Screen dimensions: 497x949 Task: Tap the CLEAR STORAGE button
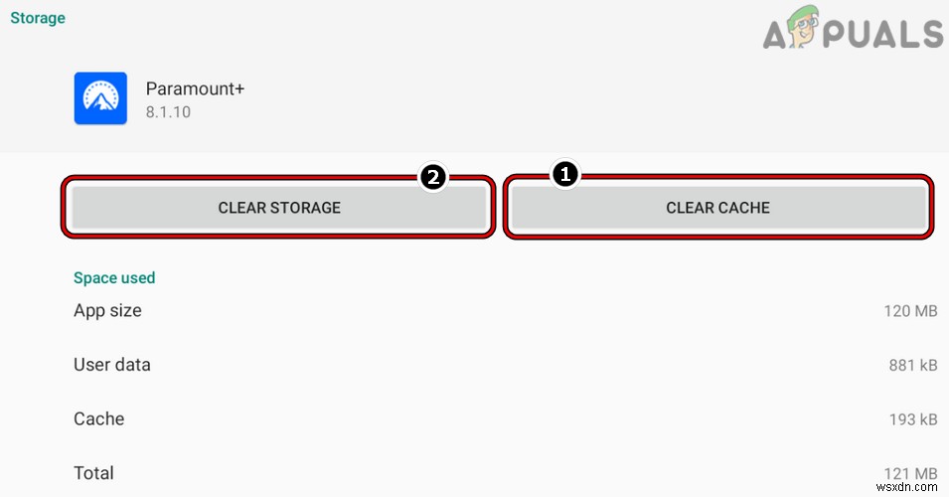click(279, 208)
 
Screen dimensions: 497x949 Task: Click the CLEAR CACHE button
click(717, 208)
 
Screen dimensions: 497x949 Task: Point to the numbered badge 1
click(564, 175)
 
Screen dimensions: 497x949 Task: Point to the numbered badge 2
click(432, 178)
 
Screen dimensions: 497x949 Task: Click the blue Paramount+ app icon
click(100, 98)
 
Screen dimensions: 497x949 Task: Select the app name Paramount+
click(195, 88)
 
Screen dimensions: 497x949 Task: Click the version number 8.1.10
click(168, 112)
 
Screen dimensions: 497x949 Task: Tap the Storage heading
click(38, 17)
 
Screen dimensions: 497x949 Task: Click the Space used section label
click(114, 278)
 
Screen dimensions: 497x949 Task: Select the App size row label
click(107, 311)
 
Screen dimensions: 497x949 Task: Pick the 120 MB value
click(910, 312)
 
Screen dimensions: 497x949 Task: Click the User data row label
click(112, 365)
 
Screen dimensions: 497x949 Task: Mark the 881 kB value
click(912, 366)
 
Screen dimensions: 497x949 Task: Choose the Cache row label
click(98, 418)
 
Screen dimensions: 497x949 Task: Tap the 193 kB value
click(912, 419)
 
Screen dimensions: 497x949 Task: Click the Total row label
click(93, 472)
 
